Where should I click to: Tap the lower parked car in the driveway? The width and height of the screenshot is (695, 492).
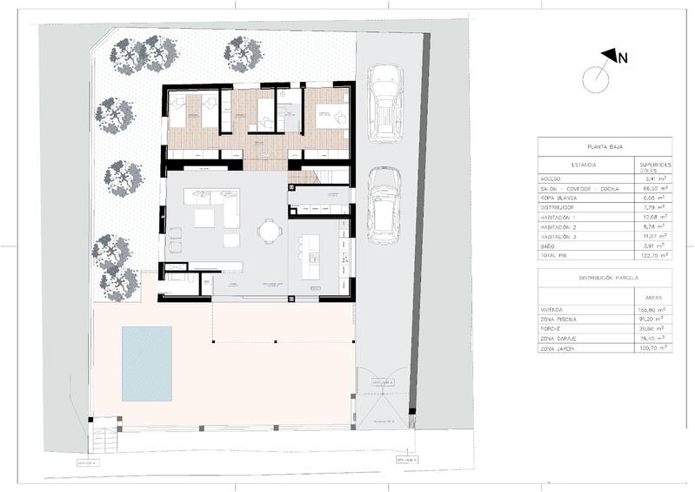click(384, 206)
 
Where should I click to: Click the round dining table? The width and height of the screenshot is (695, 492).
click(271, 232)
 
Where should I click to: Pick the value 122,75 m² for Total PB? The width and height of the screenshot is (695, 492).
click(652, 256)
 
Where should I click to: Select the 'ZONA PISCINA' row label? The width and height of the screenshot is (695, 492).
click(562, 318)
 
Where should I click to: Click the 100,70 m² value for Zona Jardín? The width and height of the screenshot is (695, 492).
click(652, 348)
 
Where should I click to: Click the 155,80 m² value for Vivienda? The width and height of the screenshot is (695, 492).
click(652, 308)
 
